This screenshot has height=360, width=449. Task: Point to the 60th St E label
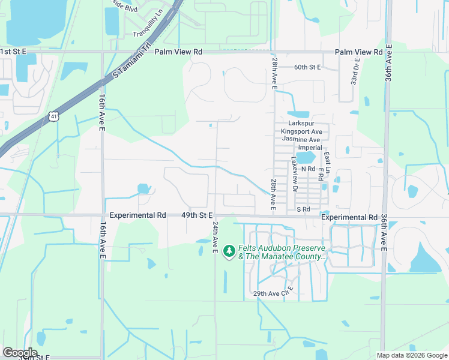tap(308, 67)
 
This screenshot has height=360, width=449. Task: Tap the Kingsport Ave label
tap(301, 131)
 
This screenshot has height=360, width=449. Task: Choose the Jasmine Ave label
tap(301, 139)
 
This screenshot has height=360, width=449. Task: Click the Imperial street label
tap(310, 148)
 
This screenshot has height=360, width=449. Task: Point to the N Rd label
tap(308, 169)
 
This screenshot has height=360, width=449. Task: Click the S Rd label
tap(303, 209)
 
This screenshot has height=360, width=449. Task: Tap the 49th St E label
tap(197, 215)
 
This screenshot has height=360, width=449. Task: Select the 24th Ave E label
tap(214, 236)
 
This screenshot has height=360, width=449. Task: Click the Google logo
tap(20, 353)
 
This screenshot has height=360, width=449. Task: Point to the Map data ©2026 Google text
tap(411, 355)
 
